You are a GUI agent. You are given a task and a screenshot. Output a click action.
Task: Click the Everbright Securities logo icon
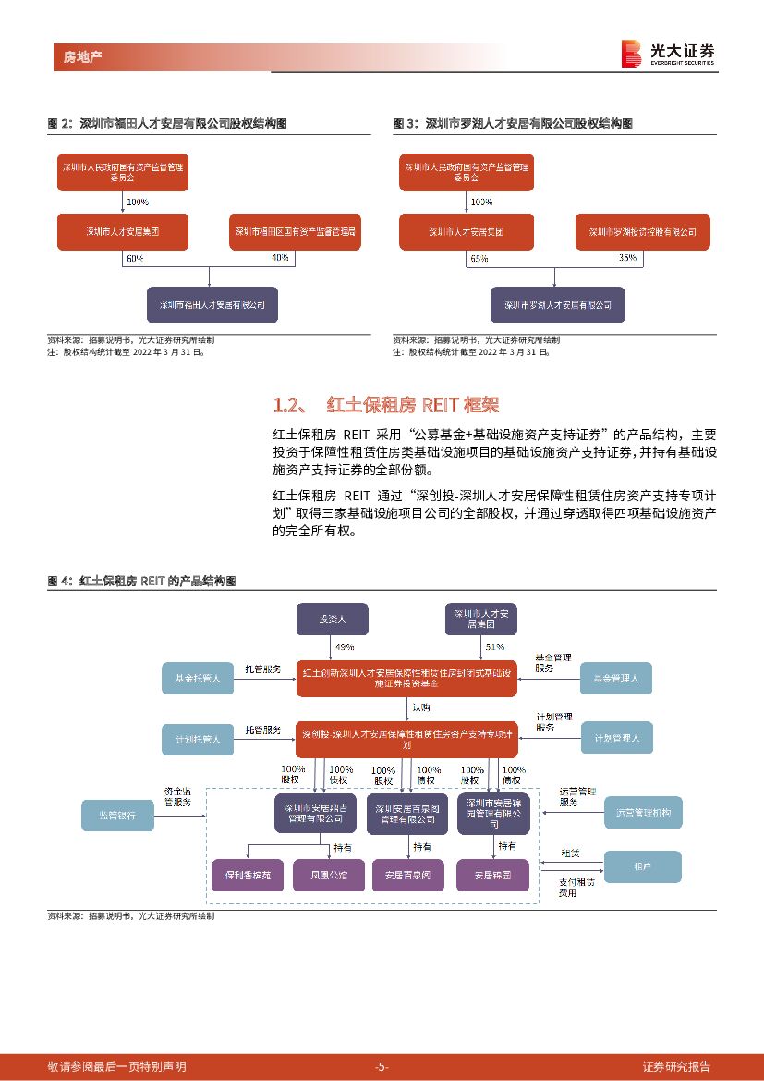tap(632, 54)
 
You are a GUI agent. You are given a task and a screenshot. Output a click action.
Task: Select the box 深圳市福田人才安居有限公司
tap(212, 303)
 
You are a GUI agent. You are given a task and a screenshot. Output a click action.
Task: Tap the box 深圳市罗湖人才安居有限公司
tap(557, 303)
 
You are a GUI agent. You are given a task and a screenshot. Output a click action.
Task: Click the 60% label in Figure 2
tap(134, 259)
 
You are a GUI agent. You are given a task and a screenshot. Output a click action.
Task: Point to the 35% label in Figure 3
tap(627, 259)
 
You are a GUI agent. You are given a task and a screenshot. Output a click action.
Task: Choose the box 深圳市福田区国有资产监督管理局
tap(295, 232)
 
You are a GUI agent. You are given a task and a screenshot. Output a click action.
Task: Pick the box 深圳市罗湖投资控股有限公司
tap(642, 232)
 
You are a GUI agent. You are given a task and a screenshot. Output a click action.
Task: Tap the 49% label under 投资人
tap(345, 646)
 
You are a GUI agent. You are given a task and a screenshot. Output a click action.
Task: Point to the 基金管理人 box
tap(616, 678)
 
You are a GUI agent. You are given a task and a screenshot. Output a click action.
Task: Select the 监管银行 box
tap(117, 815)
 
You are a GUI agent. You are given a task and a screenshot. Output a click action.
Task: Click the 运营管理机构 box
tap(643, 812)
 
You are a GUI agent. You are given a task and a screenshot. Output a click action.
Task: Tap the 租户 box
tap(642, 866)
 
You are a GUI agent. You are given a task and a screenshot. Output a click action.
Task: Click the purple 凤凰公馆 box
tap(323, 874)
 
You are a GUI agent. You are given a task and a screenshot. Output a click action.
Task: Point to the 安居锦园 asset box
tap(493, 874)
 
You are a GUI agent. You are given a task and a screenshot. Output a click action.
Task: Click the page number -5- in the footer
tap(382, 1066)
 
